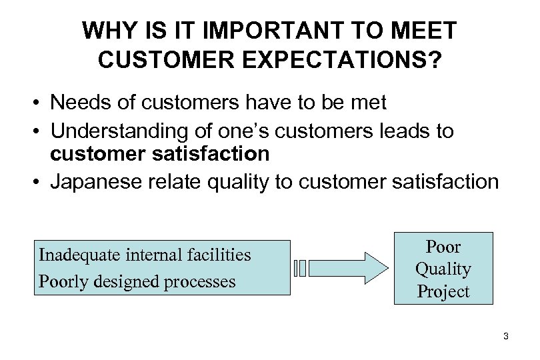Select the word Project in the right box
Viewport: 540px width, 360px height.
coord(443,291)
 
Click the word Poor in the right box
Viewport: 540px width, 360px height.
coord(443,247)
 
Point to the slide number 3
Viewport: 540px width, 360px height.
coord(506,337)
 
